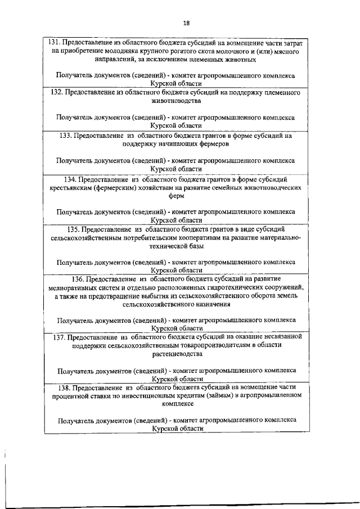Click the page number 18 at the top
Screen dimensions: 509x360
187,22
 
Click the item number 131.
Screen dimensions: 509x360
53,42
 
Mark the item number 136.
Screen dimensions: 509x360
80,279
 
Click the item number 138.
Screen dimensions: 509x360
67,388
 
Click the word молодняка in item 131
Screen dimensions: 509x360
108,51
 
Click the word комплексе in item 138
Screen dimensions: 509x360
177,404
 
